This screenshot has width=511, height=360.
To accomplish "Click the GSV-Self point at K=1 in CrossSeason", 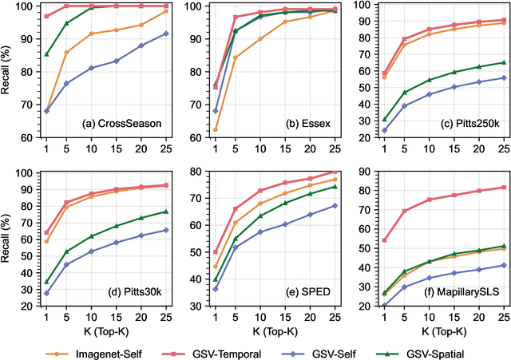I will pos(47,111).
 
